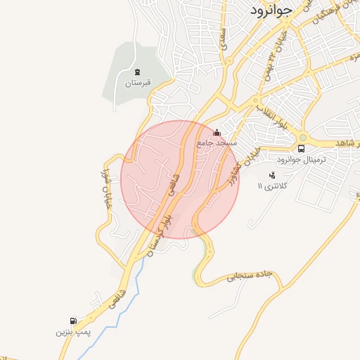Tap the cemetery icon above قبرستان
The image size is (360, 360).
pyautogui.click(x=138, y=72)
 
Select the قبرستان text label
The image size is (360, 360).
pyautogui.click(x=138, y=83)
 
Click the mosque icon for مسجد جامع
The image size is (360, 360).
pyautogui.click(x=217, y=131)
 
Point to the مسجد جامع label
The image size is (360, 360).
pyautogui.click(x=217, y=142)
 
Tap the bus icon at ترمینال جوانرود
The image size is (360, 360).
pyautogui.click(x=301, y=148)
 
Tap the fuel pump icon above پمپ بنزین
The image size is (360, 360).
pyautogui.click(x=74, y=321)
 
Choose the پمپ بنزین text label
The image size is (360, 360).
pyautogui.click(x=74, y=331)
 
